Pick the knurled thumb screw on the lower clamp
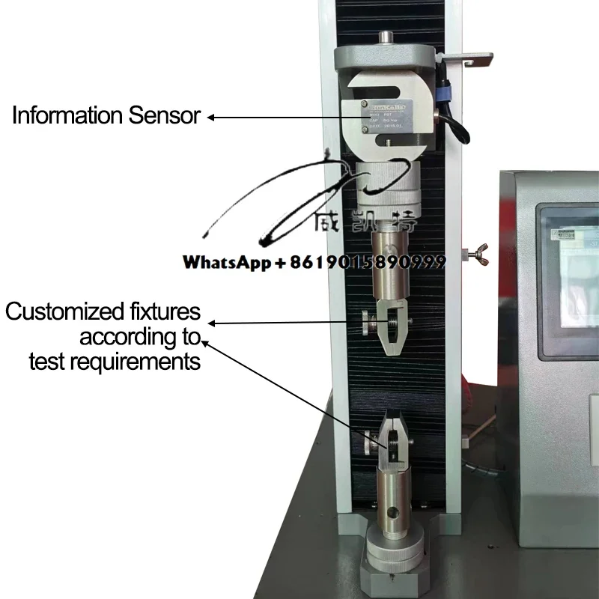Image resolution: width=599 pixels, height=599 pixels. tap(368, 445)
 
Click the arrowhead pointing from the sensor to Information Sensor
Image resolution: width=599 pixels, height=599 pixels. tap(211, 117)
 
